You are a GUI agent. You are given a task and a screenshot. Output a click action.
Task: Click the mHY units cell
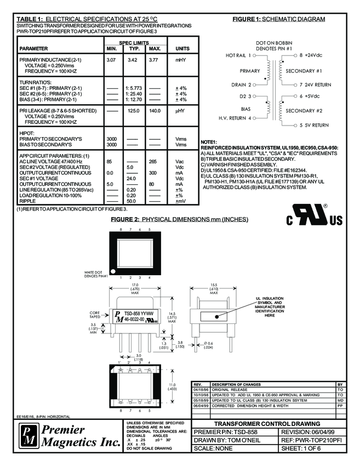(x=181, y=59)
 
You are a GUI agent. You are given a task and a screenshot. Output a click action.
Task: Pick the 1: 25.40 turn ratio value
(x=134, y=94)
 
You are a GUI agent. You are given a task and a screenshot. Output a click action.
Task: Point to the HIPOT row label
(x=27, y=133)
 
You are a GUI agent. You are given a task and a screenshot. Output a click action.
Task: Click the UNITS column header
(x=182, y=49)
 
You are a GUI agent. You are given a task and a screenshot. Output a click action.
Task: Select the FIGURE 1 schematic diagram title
(x=278, y=19)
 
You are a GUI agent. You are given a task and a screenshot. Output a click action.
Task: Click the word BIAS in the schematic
(x=245, y=109)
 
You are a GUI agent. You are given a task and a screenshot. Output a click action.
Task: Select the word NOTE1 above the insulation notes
(x=210, y=143)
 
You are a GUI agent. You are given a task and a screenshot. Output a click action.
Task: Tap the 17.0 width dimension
(x=134, y=286)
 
